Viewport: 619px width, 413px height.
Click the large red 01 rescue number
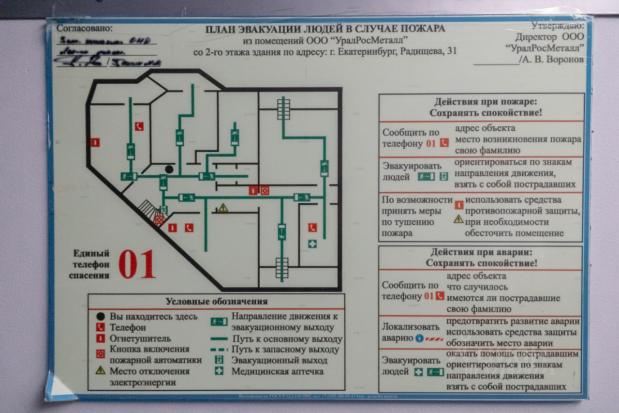(x=137, y=264)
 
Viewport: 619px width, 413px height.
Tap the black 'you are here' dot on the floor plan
(x=169, y=169)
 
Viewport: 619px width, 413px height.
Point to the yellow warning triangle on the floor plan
(x=222, y=208)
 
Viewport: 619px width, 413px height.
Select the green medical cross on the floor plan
(x=312, y=244)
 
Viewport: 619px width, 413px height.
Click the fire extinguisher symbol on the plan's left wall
(x=95, y=142)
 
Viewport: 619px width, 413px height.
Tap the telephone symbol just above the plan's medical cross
(x=312, y=227)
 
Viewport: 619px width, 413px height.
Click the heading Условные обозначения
(x=217, y=301)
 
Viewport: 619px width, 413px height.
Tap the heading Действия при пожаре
(x=486, y=102)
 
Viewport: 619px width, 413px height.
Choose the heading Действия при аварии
(x=481, y=252)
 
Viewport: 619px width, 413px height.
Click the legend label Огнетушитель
(x=140, y=338)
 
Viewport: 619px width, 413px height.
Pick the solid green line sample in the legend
(x=219, y=339)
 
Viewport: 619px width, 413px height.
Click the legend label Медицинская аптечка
(x=277, y=371)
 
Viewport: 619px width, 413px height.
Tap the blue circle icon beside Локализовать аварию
(x=419, y=338)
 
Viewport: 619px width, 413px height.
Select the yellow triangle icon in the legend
(x=100, y=370)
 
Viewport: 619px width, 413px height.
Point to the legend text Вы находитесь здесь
(x=153, y=317)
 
